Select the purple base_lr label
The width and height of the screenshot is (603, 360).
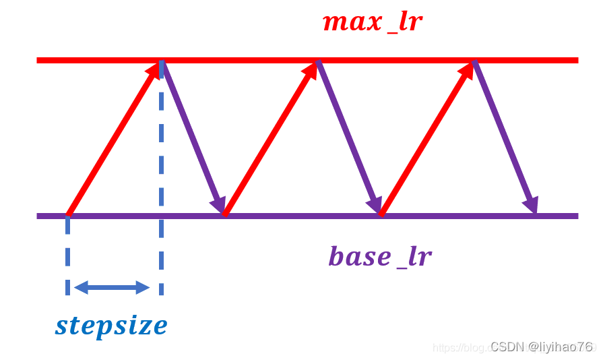click(x=379, y=257)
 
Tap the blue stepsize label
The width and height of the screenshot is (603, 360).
click(x=111, y=326)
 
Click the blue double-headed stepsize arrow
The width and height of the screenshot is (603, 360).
click(x=111, y=288)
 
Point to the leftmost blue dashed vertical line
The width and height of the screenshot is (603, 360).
click(x=68, y=256)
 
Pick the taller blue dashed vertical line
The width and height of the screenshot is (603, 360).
click(x=161, y=182)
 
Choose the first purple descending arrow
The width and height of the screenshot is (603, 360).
click(x=194, y=138)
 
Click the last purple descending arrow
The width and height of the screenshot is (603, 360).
click(x=505, y=138)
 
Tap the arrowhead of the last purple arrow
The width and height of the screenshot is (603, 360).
click(x=532, y=203)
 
